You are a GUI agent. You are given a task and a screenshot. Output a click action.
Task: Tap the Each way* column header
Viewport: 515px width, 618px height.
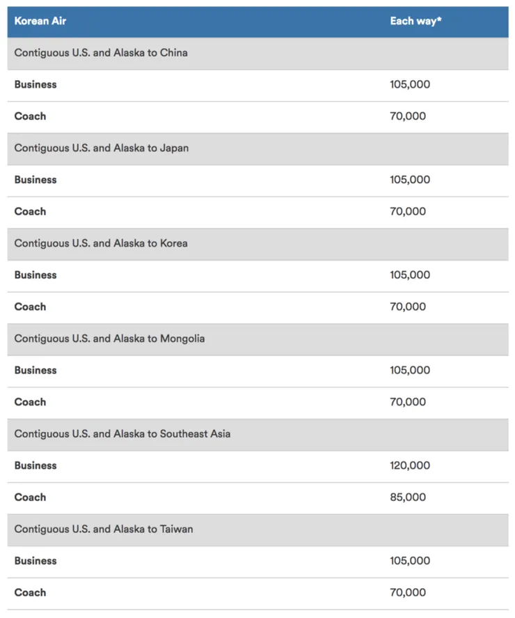click(415, 21)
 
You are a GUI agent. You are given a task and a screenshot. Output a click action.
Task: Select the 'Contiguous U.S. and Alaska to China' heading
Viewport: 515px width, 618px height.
click(101, 53)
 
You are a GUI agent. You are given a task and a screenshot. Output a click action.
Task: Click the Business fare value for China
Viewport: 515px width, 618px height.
click(410, 84)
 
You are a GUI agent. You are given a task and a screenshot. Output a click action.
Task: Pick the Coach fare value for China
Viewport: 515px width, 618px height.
click(408, 116)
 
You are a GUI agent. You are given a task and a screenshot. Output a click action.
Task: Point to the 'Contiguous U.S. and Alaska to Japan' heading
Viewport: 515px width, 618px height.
click(102, 148)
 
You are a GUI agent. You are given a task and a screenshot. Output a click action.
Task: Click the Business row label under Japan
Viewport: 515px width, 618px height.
click(35, 180)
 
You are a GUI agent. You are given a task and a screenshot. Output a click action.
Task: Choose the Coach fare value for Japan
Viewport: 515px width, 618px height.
click(408, 211)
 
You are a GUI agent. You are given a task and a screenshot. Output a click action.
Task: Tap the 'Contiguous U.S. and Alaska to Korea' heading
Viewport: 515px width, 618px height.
click(101, 243)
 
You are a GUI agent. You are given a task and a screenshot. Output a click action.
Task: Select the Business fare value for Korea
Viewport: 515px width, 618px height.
click(410, 275)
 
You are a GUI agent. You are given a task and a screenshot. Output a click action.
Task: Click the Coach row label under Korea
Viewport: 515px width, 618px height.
click(30, 307)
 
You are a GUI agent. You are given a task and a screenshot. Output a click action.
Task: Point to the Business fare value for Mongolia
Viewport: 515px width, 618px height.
click(410, 370)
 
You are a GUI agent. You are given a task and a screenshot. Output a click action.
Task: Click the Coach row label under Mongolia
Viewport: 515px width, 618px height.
click(30, 402)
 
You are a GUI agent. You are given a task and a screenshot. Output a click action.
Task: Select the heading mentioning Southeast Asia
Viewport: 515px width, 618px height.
click(122, 433)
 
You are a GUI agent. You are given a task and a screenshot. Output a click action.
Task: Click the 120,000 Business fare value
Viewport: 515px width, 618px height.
click(410, 465)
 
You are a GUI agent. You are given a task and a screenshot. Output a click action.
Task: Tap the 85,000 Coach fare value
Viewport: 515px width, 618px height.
click(408, 497)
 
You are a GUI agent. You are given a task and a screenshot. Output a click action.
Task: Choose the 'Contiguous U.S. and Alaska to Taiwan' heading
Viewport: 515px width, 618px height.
click(104, 529)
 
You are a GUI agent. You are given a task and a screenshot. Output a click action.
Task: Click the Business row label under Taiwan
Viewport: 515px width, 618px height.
click(35, 561)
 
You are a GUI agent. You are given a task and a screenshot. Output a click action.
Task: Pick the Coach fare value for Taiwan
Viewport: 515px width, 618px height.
click(408, 592)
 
